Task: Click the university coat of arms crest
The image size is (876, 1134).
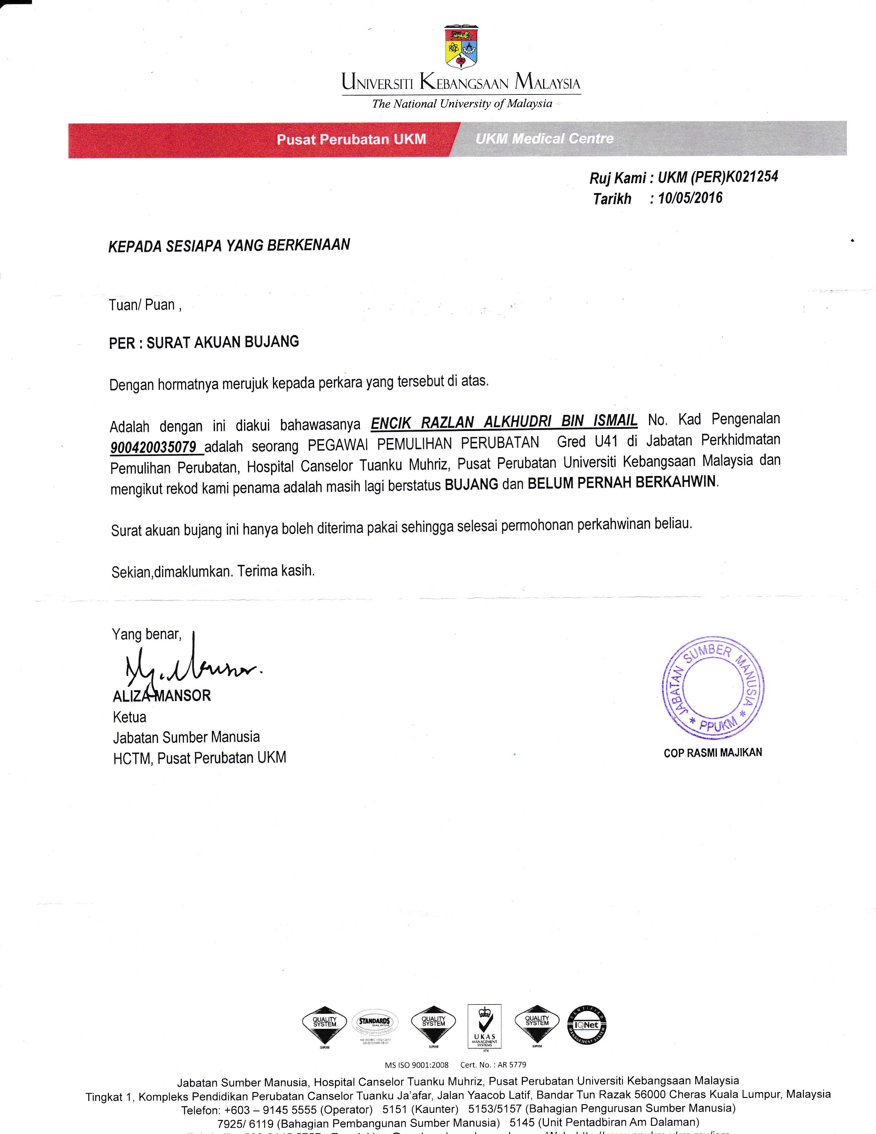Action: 461,48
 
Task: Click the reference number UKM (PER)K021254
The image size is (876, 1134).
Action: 718,178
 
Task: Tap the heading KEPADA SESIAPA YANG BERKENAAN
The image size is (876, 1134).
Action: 229,245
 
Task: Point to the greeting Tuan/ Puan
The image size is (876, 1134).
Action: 145,305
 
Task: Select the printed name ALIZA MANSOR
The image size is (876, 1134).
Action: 162,696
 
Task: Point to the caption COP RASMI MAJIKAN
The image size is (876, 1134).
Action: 712,752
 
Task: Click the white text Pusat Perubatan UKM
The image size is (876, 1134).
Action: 351,139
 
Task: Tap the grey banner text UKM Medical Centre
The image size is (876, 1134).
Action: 544,138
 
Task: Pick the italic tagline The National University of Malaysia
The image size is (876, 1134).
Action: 462,104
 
